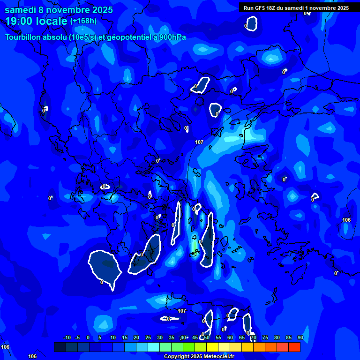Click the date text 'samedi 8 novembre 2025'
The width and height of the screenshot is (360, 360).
pyautogui.click(x=59, y=10)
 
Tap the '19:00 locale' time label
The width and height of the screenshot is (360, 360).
pyautogui.click(x=37, y=21)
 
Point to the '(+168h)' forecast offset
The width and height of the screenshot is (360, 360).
pyautogui.click(x=83, y=21)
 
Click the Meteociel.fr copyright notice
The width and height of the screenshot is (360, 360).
pyautogui.click(x=199, y=356)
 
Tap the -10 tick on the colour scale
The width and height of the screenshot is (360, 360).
pyautogui.click(x=67, y=337)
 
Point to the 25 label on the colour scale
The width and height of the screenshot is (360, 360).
pyautogui.click(x=148, y=337)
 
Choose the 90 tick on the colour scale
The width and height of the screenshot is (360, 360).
pyautogui.click(x=300, y=337)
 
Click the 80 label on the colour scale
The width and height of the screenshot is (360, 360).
pyautogui.click(x=277, y=337)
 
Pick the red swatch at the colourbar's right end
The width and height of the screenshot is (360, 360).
pyautogui.click(x=294, y=347)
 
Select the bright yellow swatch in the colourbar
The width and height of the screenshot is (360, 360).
pyautogui.click(x=212, y=347)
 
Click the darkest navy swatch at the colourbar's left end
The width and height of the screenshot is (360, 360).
pyautogui.click(x=60, y=347)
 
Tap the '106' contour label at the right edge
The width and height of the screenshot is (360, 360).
pyautogui.click(x=346, y=220)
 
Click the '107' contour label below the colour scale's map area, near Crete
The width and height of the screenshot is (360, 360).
pyautogui.click(x=182, y=311)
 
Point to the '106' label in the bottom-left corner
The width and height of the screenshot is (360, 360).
pyautogui.click(x=5, y=347)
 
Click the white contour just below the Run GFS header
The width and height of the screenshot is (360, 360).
pyautogui.click(x=252, y=23)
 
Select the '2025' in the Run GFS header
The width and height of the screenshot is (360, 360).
pyautogui.click(x=343, y=7)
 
